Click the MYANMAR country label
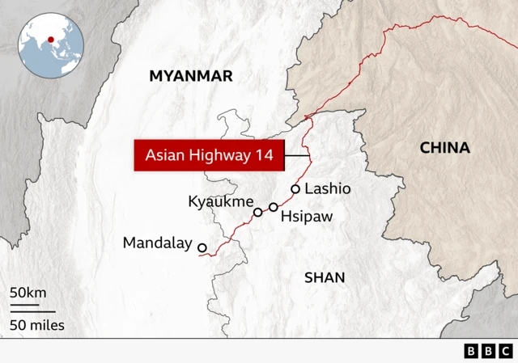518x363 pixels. tap(190, 76)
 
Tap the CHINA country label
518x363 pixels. tap(444, 147)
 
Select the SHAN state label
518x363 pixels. tap(325, 277)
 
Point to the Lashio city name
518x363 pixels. tap(329, 188)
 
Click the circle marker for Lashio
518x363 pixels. tap(295, 189)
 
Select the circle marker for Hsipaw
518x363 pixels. tap(274, 208)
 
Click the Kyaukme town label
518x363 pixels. tap(221, 201)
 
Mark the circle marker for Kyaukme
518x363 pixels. tap(258, 213)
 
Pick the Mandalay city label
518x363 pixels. tap(157, 243)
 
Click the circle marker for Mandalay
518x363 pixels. tap(202, 248)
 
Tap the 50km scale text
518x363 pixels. tap(28, 292)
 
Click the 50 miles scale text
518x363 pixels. tap(37, 326)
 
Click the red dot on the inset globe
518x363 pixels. tap(51, 38)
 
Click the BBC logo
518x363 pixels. tap(488, 351)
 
